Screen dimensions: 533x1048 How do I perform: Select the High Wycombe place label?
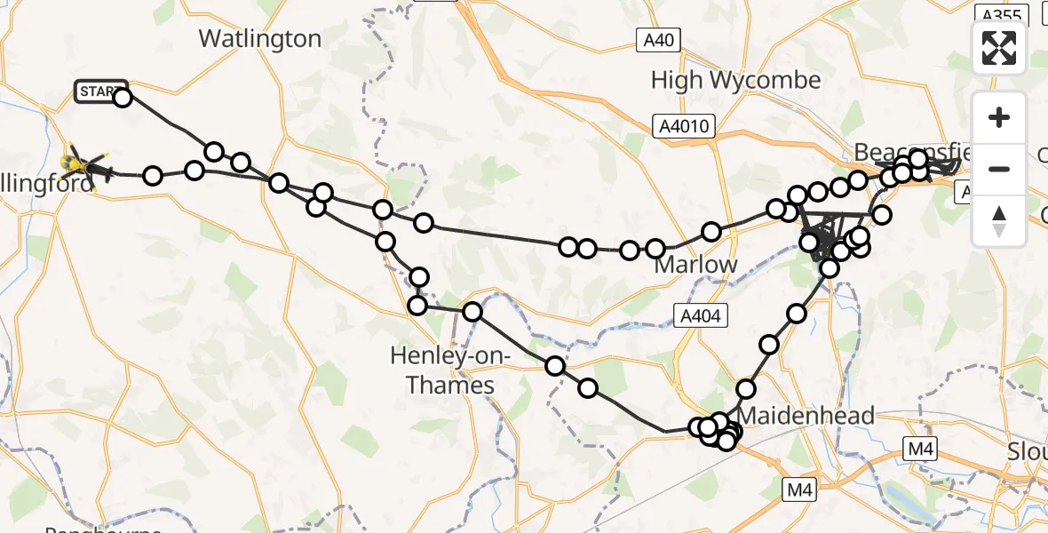tap(735, 80)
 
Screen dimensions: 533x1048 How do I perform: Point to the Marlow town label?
tap(695, 265)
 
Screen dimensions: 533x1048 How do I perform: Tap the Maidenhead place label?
tap(806, 415)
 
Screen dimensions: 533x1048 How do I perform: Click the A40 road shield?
tap(658, 38)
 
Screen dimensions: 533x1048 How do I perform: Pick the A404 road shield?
tap(701, 314)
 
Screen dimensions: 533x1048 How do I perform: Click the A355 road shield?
tap(1000, 13)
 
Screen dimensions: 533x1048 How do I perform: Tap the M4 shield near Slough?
tap(917, 450)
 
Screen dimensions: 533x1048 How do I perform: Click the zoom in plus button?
tap(999, 118)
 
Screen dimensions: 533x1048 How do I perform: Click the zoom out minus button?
tap(999, 169)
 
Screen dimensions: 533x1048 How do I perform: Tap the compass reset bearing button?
tap(999, 219)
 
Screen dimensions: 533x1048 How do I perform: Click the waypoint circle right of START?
tap(123, 98)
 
